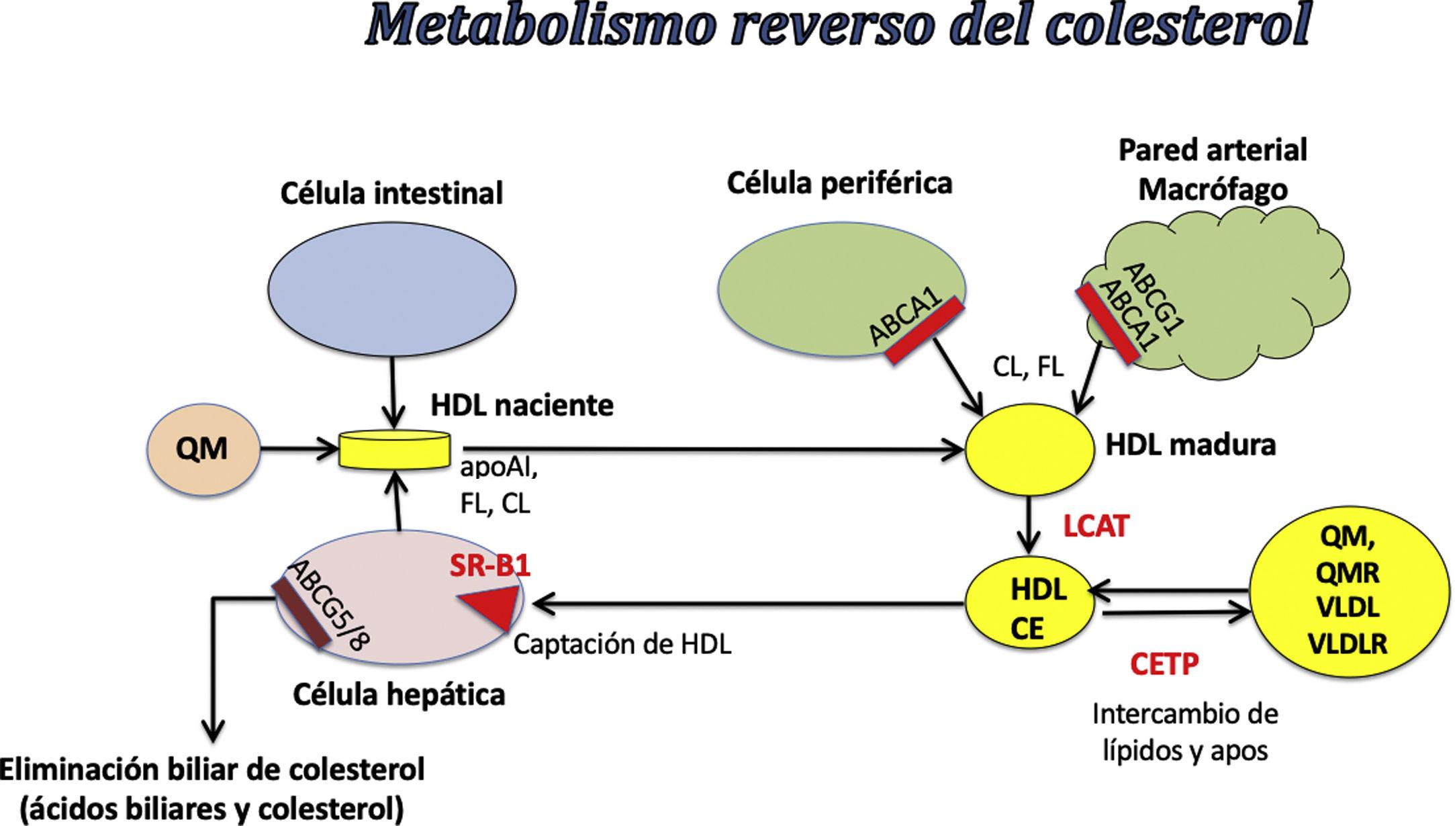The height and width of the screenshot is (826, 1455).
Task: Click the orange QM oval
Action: [x=203, y=449]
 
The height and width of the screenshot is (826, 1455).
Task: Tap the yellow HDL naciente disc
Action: [x=394, y=449]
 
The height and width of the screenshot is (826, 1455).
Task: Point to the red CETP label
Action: [x=1164, y=665]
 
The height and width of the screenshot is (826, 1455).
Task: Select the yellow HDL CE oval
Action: [x=1029, y=610]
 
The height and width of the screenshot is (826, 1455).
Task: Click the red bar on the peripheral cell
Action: [x=925, y=333]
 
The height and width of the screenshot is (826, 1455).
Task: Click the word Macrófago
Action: [x=1213, y=190]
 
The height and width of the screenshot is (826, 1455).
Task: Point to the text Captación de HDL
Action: [x=622, y=645]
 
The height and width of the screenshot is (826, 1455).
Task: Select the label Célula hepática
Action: [x=399, y=695]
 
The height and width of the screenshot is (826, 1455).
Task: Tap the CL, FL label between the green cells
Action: [x=1028, y=367]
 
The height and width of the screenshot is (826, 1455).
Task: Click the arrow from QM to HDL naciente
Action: [x=299, y=449]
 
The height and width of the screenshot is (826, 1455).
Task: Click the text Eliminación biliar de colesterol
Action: [x=212, y=770]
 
